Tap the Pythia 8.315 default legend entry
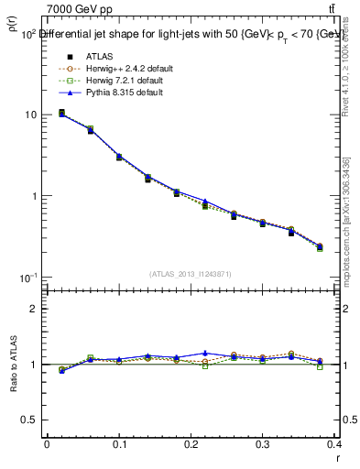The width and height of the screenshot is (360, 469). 121,93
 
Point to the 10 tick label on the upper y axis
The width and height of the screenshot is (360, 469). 30,115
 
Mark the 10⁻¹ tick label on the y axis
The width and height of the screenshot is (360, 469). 27,277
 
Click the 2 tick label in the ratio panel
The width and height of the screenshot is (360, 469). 34,309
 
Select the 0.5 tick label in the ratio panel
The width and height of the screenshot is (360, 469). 29,420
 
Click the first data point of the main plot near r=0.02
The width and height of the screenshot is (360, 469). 61,114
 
